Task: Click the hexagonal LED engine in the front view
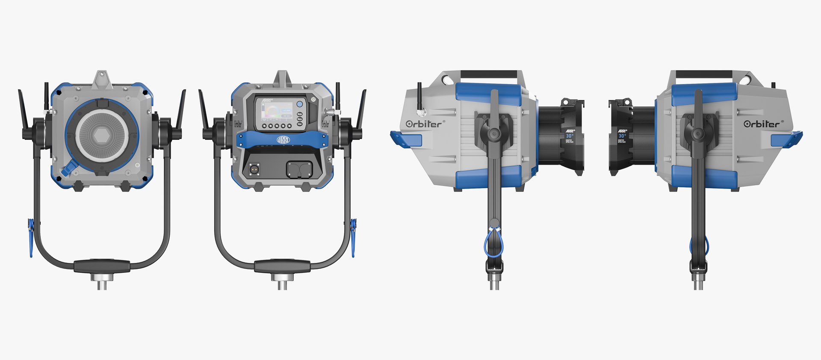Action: tap(101, 136)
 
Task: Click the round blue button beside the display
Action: tap(299, 104)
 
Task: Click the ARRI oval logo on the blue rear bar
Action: tap(283, 140)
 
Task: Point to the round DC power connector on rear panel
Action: tap(254, 169)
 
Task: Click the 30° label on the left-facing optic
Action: tap(570, 136)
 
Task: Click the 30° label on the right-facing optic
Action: tap(622, 136)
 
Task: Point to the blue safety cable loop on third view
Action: tap(493, 244)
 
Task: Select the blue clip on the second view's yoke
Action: tap(353, 237)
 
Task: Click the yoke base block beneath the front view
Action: tap(102, 266)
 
